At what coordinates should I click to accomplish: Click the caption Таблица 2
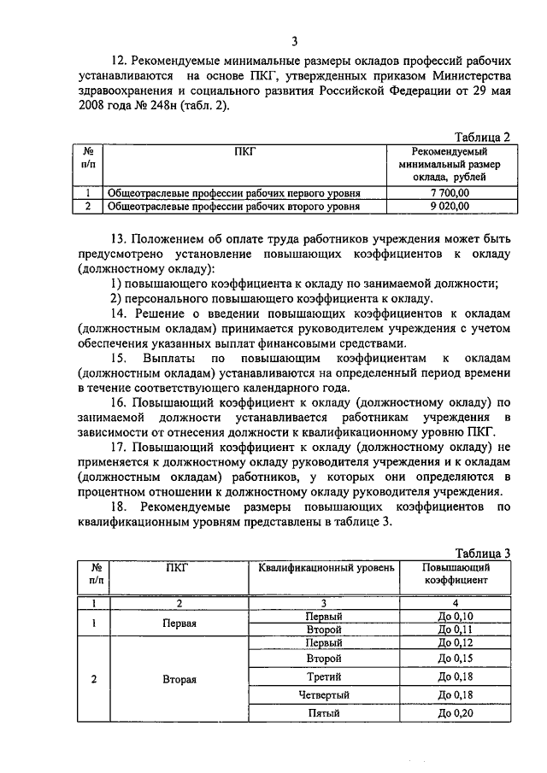pos(482,136)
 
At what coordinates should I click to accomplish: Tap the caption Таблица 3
pos(482,553)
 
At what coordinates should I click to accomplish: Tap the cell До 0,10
pos(455,616)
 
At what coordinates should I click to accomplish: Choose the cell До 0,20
pos(455,712)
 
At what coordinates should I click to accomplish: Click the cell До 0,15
pos(455,659)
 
